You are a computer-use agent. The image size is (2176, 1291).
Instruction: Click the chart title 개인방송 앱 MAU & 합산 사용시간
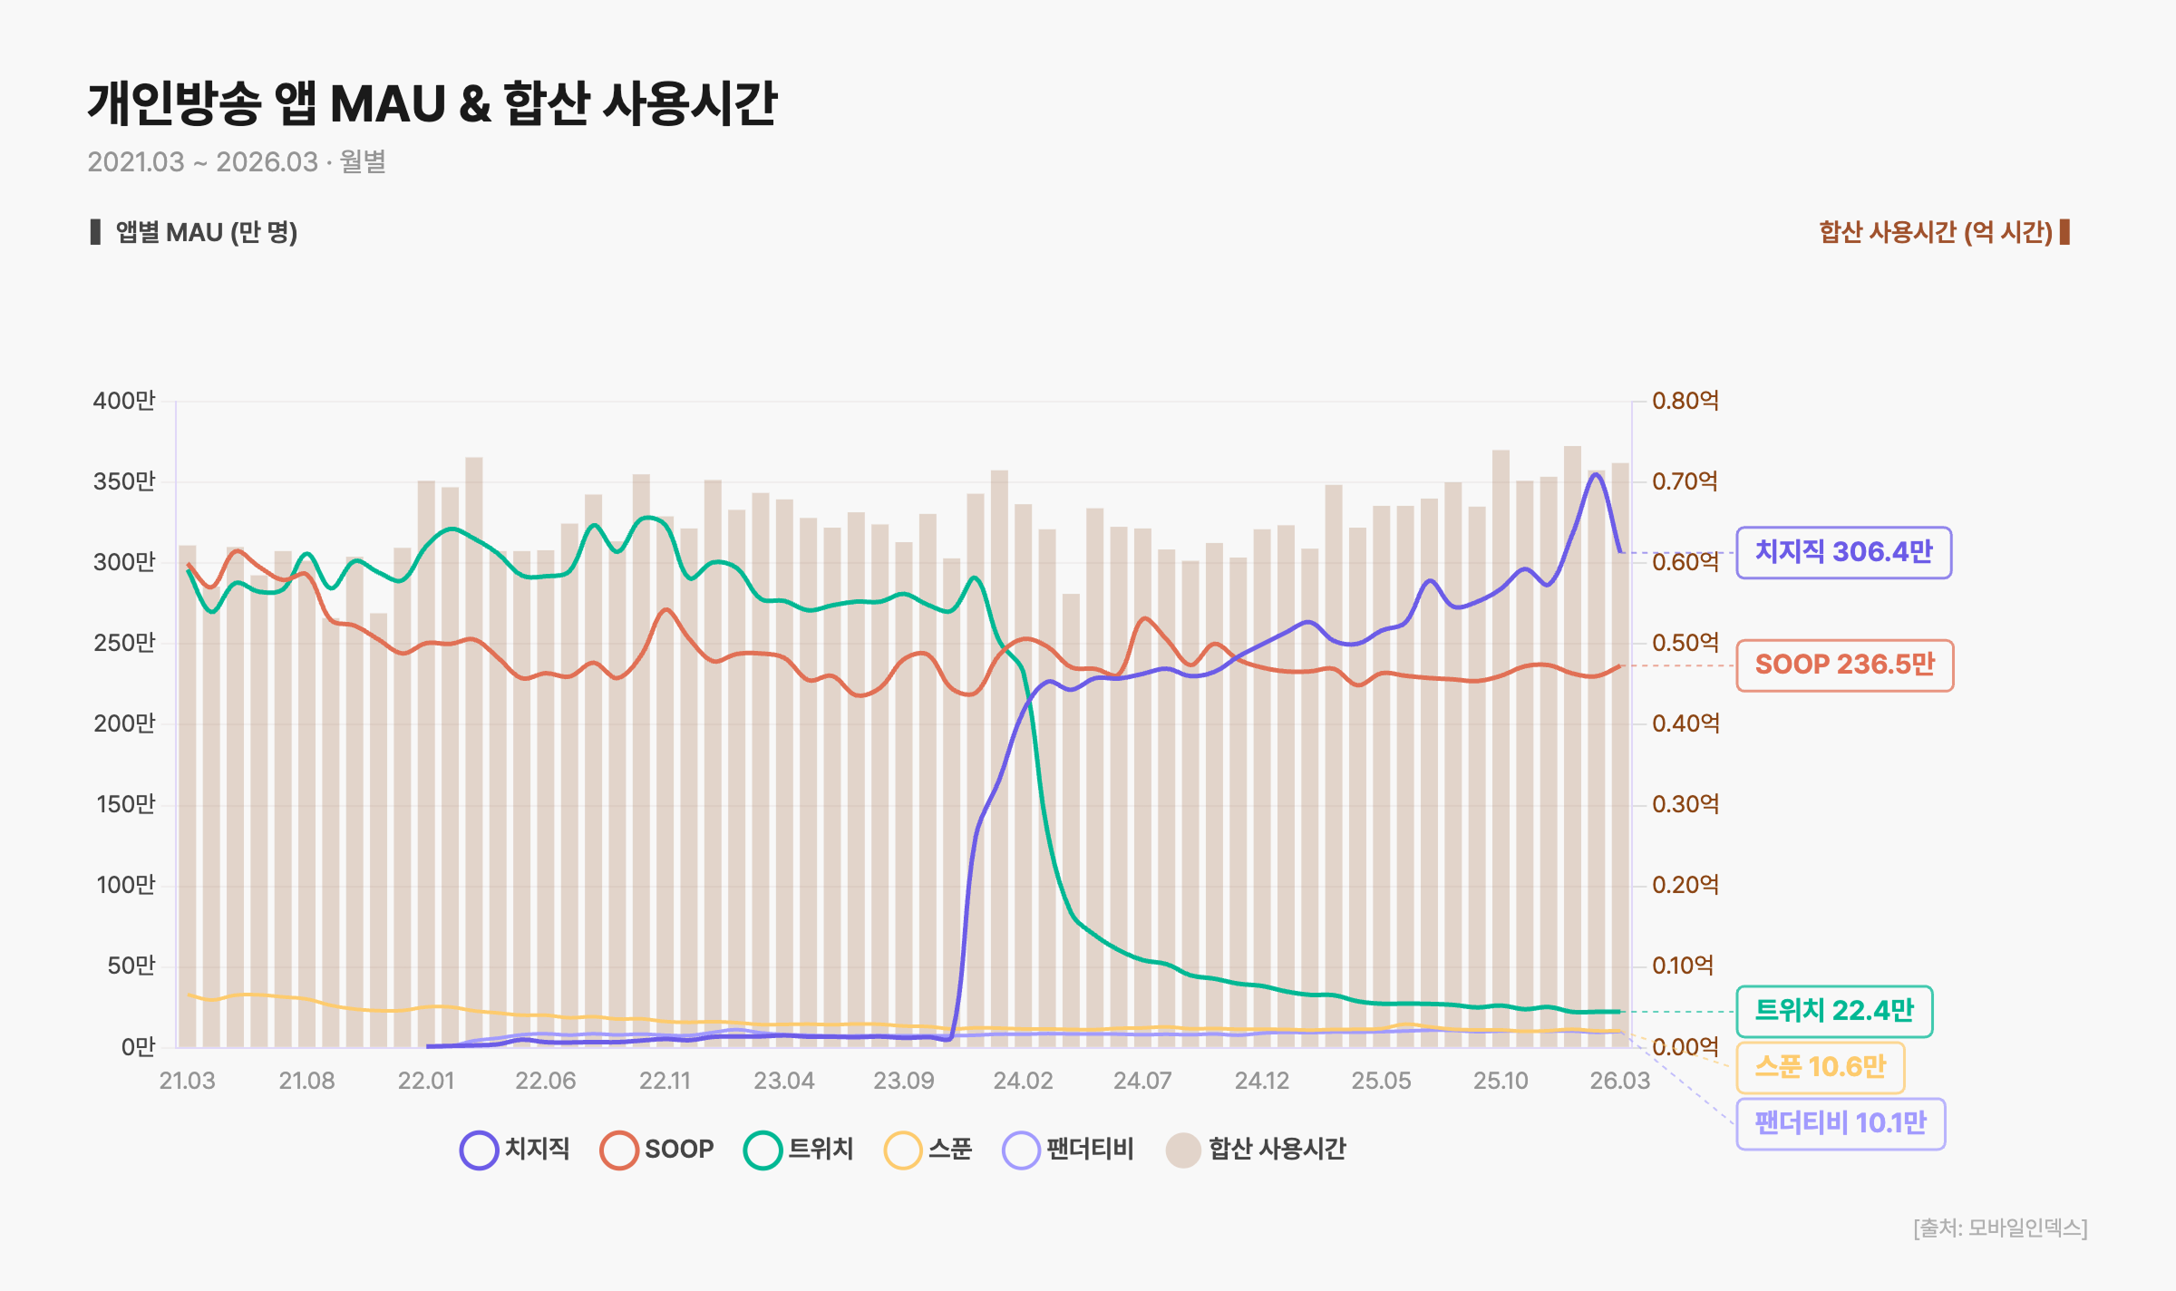coord(432,102)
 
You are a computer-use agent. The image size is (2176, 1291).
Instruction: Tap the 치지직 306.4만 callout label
coord(1844,552)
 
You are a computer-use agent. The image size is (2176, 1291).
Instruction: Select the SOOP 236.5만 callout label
coord(1845,665)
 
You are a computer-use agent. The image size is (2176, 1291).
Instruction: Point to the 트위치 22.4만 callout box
coord(1834,1011)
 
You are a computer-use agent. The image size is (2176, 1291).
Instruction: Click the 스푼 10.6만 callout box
coord(1821,1067)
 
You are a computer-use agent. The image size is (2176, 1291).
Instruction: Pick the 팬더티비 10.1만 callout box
coord(1841,1124)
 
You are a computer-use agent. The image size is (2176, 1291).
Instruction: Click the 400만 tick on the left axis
coord(124,401)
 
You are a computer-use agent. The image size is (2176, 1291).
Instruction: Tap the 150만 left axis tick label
coord(126,804)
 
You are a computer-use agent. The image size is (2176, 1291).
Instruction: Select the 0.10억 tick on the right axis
coord(1683,966)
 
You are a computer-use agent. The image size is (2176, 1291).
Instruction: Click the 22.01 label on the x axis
coord(426,1081)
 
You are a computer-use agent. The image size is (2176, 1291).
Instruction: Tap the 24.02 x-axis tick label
coord(1023,1081)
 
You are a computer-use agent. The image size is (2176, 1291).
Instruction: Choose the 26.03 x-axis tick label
coord(1620,1081)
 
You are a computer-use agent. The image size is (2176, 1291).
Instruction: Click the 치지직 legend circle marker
coord(479,1150)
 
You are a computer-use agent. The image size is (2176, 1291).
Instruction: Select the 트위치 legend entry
coord(799,1150)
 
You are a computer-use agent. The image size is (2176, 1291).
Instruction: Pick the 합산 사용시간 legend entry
coord(1256,1150)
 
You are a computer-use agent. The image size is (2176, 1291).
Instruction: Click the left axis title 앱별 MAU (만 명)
coord(207,232)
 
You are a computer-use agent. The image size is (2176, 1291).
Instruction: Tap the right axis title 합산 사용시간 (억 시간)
coord(1936,232)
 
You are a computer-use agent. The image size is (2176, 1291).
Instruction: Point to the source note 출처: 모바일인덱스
coord(2001,1228)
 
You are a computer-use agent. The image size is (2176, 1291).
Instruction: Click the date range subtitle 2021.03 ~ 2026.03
coord(203,162)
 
